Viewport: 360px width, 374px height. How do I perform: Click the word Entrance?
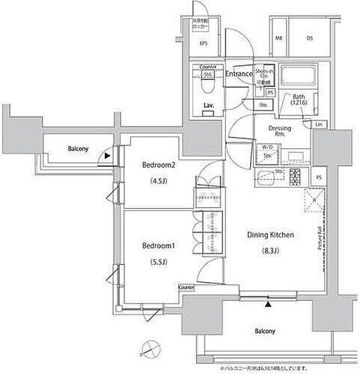pos(239,73)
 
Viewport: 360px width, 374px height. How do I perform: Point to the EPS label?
pos(203,44)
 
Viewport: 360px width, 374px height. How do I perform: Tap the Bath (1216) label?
pos(299,99)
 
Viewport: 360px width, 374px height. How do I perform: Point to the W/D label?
pos(266,147)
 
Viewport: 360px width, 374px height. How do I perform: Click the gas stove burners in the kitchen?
pos(293,177)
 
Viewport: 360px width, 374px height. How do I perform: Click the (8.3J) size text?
pos(269,251)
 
